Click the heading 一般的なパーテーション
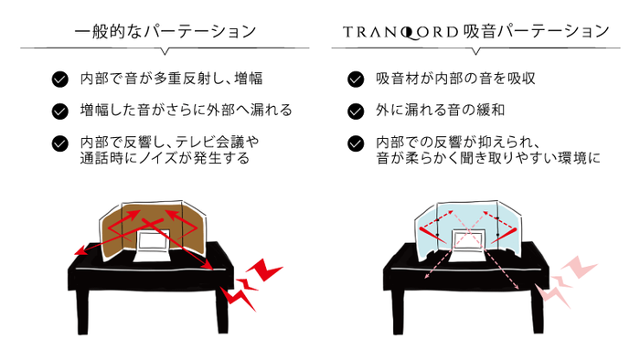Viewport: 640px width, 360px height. click(165, 31)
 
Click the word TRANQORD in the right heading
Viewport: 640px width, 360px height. click(396, 31)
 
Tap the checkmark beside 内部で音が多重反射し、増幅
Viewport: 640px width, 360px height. click(60, 79)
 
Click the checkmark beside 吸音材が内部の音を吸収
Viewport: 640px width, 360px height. click(357, 79)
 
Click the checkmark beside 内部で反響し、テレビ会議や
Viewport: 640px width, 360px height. click(60, 143)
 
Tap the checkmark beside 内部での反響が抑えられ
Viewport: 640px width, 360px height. click(357, 143)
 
